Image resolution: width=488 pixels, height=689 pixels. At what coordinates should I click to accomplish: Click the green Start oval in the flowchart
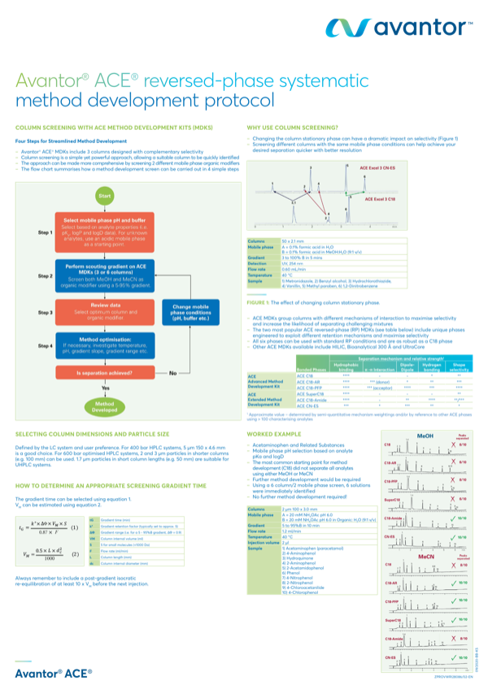click(x=104, y=197)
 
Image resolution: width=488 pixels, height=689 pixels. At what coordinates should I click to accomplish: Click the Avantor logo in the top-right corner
click(x=399, y=29)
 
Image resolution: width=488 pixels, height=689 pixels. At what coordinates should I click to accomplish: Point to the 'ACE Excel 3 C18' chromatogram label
click(x=383, y=199)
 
